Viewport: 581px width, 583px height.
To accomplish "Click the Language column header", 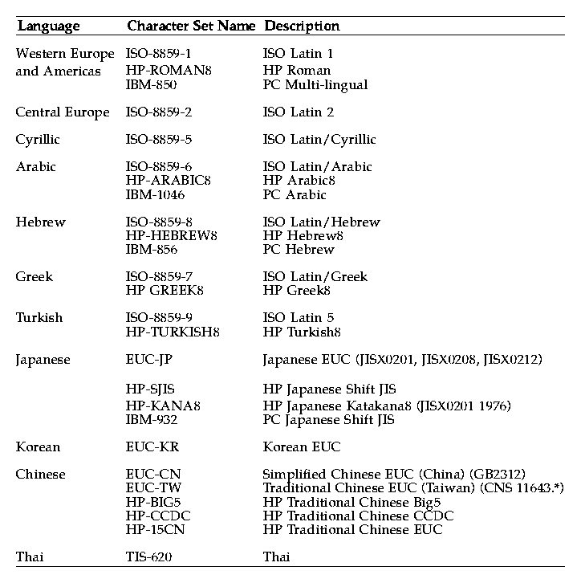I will coord(48,26).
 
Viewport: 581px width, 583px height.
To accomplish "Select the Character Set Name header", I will coord(191,26).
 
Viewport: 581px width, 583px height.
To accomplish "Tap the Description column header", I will coord(302,26).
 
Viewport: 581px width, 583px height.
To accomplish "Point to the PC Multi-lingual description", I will coord(315,85).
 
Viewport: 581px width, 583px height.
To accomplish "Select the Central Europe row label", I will coord(63,112).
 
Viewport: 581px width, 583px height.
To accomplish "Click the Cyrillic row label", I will coord(38,140).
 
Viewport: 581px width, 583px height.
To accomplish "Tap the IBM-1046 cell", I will coord(158,194).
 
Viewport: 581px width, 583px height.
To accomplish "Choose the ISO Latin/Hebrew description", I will coord(321,222).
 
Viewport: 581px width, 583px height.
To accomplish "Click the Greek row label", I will coord(35,277).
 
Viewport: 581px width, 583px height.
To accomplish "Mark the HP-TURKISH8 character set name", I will coord(173,332).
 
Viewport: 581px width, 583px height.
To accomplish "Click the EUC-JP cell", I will coord(149,360).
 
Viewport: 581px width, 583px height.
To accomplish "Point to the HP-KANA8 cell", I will coord(163,406).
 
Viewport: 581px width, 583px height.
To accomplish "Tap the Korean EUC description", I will coord(302,447).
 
